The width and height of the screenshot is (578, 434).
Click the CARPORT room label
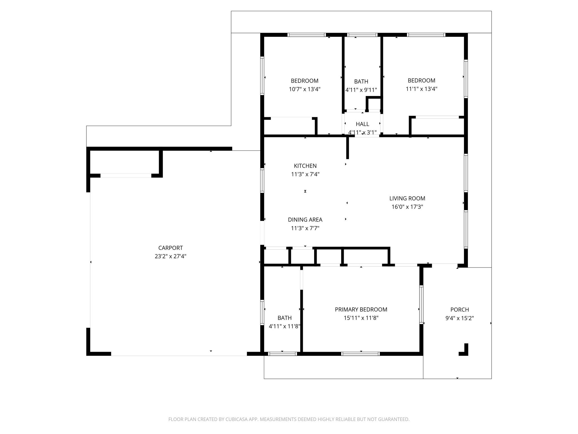pyautogui.click(x=170, y=248)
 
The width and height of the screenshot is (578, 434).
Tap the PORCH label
pyautogui.click(x=459, y=310)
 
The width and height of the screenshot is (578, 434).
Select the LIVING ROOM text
pyautogui.click(x=407, y=198)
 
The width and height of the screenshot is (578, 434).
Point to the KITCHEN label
pyautogui.click(x=305, y=166)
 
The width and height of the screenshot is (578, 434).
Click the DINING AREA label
pyautogui.click(x=305, y=220)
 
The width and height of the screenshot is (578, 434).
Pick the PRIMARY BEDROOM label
pyautogui.click(x=361, y=309)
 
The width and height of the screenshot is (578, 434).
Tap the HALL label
pyautogui.click(x=362, y=124)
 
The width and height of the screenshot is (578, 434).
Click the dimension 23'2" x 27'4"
pyautogui.click(x=170, y=256)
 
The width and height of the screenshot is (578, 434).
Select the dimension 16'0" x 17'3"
pyautogui.click(x=407, y=207)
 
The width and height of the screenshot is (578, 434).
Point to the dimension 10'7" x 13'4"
pyautogui.click(x=305, y=89)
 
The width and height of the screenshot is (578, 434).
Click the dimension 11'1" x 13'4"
pyautogui.click(x=421, y=89)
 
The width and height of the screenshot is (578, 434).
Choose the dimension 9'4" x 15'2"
pyautogui.click(x=459, y=318)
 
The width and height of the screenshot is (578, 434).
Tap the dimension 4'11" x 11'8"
pyautogui.click(x=284, y=326)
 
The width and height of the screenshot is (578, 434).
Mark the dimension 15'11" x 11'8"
pyautogui.click(x=361, y=318)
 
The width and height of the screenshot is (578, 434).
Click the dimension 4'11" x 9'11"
pyautogui.click(x=361, y=90)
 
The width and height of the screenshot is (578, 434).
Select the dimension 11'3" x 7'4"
pyautogui.click(x=305, y=174)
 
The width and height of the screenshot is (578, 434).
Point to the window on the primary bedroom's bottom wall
pyautogui.click(x=360, y=353)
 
